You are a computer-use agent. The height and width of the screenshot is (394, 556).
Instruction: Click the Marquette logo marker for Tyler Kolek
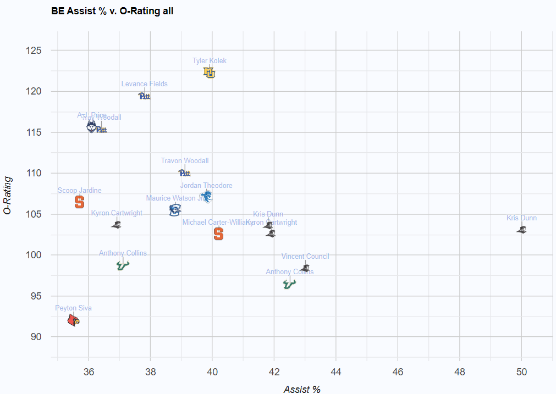[210, 73]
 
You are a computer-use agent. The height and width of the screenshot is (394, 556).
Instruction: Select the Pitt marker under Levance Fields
[145, 96]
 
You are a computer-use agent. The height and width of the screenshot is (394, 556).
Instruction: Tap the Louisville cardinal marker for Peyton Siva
[73, 320]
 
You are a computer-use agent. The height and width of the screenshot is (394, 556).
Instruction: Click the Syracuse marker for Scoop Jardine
[79, 202]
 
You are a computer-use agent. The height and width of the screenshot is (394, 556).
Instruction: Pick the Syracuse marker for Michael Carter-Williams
[218, 234]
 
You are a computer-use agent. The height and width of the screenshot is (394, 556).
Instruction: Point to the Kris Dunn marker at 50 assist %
[522, 230]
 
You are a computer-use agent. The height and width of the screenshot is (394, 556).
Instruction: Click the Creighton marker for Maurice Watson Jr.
[175, 209]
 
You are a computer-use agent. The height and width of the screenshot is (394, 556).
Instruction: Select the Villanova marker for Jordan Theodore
[206, 196]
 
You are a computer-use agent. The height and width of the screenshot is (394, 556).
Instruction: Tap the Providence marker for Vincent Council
[306, 268]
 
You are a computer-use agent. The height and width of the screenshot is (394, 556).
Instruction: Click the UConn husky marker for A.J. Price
[91, 127]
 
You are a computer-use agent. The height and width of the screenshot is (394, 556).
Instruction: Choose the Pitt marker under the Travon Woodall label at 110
[185, 173]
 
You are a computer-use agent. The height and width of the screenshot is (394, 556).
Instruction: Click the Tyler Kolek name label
[210, 61]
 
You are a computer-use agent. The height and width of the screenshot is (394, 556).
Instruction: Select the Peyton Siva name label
[73, 308]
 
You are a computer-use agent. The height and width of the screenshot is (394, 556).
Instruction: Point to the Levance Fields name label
[145, 84]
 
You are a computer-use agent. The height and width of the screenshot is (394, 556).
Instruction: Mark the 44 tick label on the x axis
[336, 372]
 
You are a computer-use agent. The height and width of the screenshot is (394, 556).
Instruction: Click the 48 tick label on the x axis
[460, 372]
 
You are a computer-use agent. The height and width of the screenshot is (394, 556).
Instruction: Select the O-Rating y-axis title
[8, 196]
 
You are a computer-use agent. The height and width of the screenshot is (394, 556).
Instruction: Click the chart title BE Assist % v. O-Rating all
[112, 10]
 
